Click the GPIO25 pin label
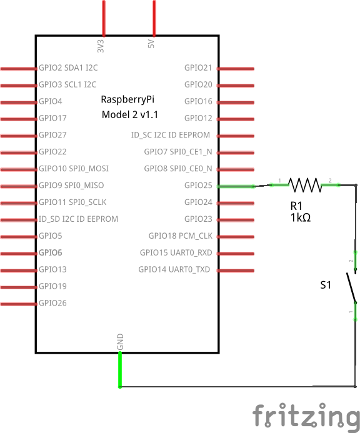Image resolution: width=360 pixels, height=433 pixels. pyautogui.click(x=198, y=186)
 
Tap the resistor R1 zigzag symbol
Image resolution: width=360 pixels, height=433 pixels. pyautogui.click(x=305, y=185)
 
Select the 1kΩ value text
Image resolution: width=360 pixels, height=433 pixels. pyautogui.click(x=301, y=218)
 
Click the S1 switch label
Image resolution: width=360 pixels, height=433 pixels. pyautogui.click(x=326, y=285)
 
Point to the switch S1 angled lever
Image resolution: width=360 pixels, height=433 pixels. pyautogui.click(x=351, y=288)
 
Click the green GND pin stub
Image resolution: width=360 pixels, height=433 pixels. pyautogui.click(x=120, y=369)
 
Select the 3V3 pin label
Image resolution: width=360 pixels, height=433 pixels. pyautogui.click(x=101, y=46)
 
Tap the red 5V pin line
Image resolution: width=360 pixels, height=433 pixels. pyautogui.click(x=154, y=18)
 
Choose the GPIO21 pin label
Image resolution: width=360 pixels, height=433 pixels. pyautogui.click(x=198, y=67)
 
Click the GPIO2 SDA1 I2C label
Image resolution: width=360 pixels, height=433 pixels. pyautogui.click(x=68, y=67)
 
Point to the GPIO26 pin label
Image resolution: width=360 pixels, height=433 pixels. pyautogui.click(x=52, y=303)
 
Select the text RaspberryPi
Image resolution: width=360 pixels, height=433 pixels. pyautogui.click(x=127, y=100)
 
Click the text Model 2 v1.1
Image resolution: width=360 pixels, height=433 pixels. pyautogui.click(x=130, y=114)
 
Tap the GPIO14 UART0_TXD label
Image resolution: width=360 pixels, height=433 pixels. pyautogui.click(x=174, y=269)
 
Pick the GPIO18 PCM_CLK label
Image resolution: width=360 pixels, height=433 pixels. pyautogui.click(x=181, y=236)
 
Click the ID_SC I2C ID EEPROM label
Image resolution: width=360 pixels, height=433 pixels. pyautogui.click(x=171, y=135)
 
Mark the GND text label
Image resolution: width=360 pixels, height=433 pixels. pyautogui.click(x=120, y=342)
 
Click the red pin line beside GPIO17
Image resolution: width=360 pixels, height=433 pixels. pyautogui.click(x=19, y=119)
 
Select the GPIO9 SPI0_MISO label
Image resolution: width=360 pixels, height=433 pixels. pyautogui.click(x=71, y=186)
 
